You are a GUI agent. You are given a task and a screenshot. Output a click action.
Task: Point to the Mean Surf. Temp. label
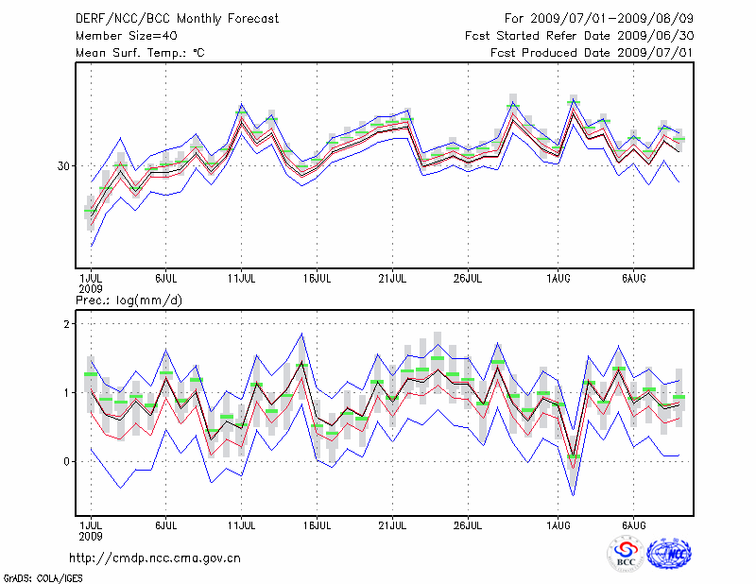click(x=140, y=53)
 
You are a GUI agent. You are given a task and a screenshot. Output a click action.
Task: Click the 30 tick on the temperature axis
click(x=64, y=166)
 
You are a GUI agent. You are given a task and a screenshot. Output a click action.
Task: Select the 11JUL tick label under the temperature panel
click(x=242, y=279)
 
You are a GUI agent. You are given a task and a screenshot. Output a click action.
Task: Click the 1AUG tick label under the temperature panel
click(x=558, y=279)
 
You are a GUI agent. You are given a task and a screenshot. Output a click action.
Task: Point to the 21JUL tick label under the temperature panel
click(x=392, y=279)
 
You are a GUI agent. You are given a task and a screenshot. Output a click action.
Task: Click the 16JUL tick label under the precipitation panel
click(x=318, y=524)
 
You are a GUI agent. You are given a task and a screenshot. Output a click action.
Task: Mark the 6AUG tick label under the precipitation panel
click(x=634, y=524)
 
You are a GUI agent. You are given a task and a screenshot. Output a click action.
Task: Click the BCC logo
click(x=626, y=553)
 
